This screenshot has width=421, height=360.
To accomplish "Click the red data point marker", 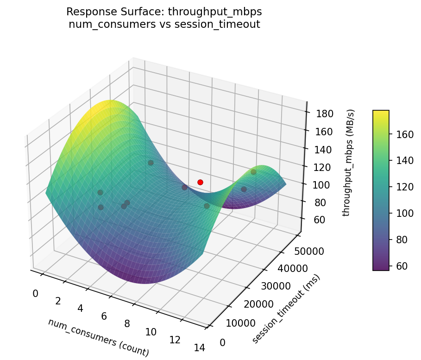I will point(200,182).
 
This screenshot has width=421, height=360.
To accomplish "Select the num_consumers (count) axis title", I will point(98,338).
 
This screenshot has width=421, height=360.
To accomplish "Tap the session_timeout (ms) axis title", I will point(286,309).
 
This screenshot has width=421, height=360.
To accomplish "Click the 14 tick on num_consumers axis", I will point(200,348).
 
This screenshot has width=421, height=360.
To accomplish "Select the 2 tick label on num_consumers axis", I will point(58,301).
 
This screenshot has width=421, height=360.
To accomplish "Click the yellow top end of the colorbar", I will point(381,113).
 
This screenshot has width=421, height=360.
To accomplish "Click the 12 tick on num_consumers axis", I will point(175,340).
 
